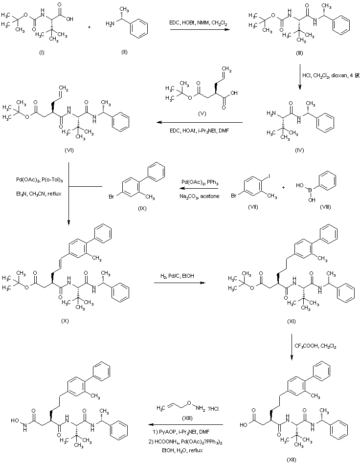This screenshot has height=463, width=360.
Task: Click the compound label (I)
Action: pos(41,52)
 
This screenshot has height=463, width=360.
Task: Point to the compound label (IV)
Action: pos(300,151)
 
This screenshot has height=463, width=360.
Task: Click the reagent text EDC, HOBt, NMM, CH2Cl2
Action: pos(200,23)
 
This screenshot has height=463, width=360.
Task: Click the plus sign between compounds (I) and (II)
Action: pos(89,26)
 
